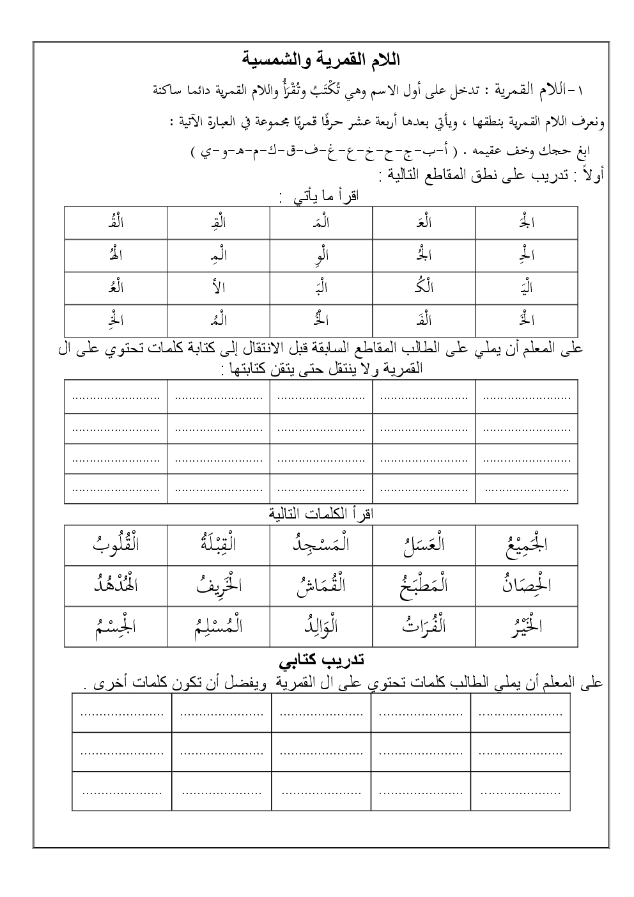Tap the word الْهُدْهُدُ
click(116, 584)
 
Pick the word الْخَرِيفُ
click(217, 584)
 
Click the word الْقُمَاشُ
click(320, 584)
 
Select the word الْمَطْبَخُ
click(423, 584)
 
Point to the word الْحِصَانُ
click(526, 584)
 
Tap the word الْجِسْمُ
click(116, 625)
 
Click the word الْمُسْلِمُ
click(217, 625)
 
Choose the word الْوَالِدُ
click(320, 625)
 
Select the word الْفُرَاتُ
click(423, 625)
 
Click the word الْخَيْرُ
click(526, 625)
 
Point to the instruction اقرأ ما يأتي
click(320, 196)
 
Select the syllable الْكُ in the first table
click(423, 288)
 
